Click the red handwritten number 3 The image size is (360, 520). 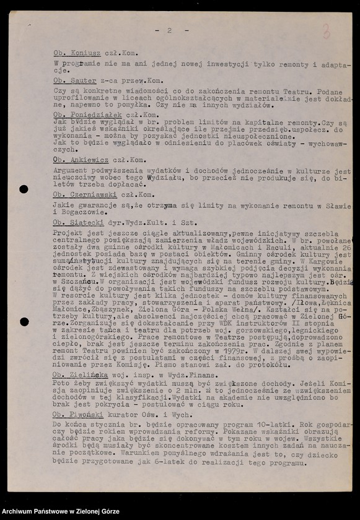click(325, 32)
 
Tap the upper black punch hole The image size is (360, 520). click(24, 189)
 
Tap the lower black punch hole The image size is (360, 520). click(24, 322)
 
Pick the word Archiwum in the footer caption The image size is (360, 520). click(21, 512)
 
